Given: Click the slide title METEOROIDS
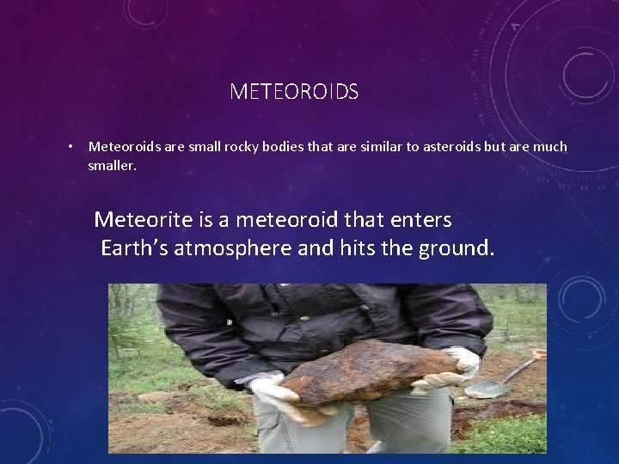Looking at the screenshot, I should point(294,91).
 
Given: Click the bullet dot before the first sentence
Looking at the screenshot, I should point(72,146).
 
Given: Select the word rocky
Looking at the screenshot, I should point(225,147).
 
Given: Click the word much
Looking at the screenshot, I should point(549,147).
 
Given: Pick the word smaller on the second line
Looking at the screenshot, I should point(112,164).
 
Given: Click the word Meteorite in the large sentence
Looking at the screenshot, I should point(138,220).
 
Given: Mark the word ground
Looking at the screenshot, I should point(460,249).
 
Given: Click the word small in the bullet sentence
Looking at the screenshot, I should point(186,147).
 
